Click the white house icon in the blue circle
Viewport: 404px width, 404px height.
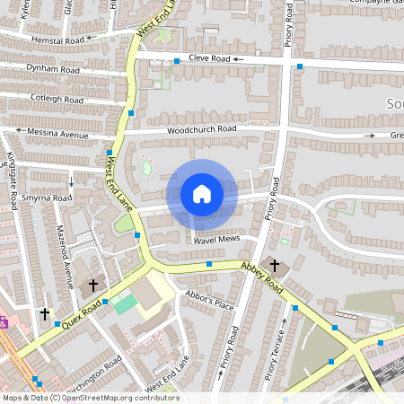(201, 194)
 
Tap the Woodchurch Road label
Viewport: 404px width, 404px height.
(201, 129)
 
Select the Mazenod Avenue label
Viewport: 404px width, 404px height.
(64, 256)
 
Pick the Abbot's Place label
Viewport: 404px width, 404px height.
(209, 301)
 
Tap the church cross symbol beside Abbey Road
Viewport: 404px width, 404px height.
(275, 267)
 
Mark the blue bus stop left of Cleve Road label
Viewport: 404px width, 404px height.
(177, 60)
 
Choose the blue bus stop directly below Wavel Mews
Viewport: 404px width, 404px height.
(209, 265)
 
